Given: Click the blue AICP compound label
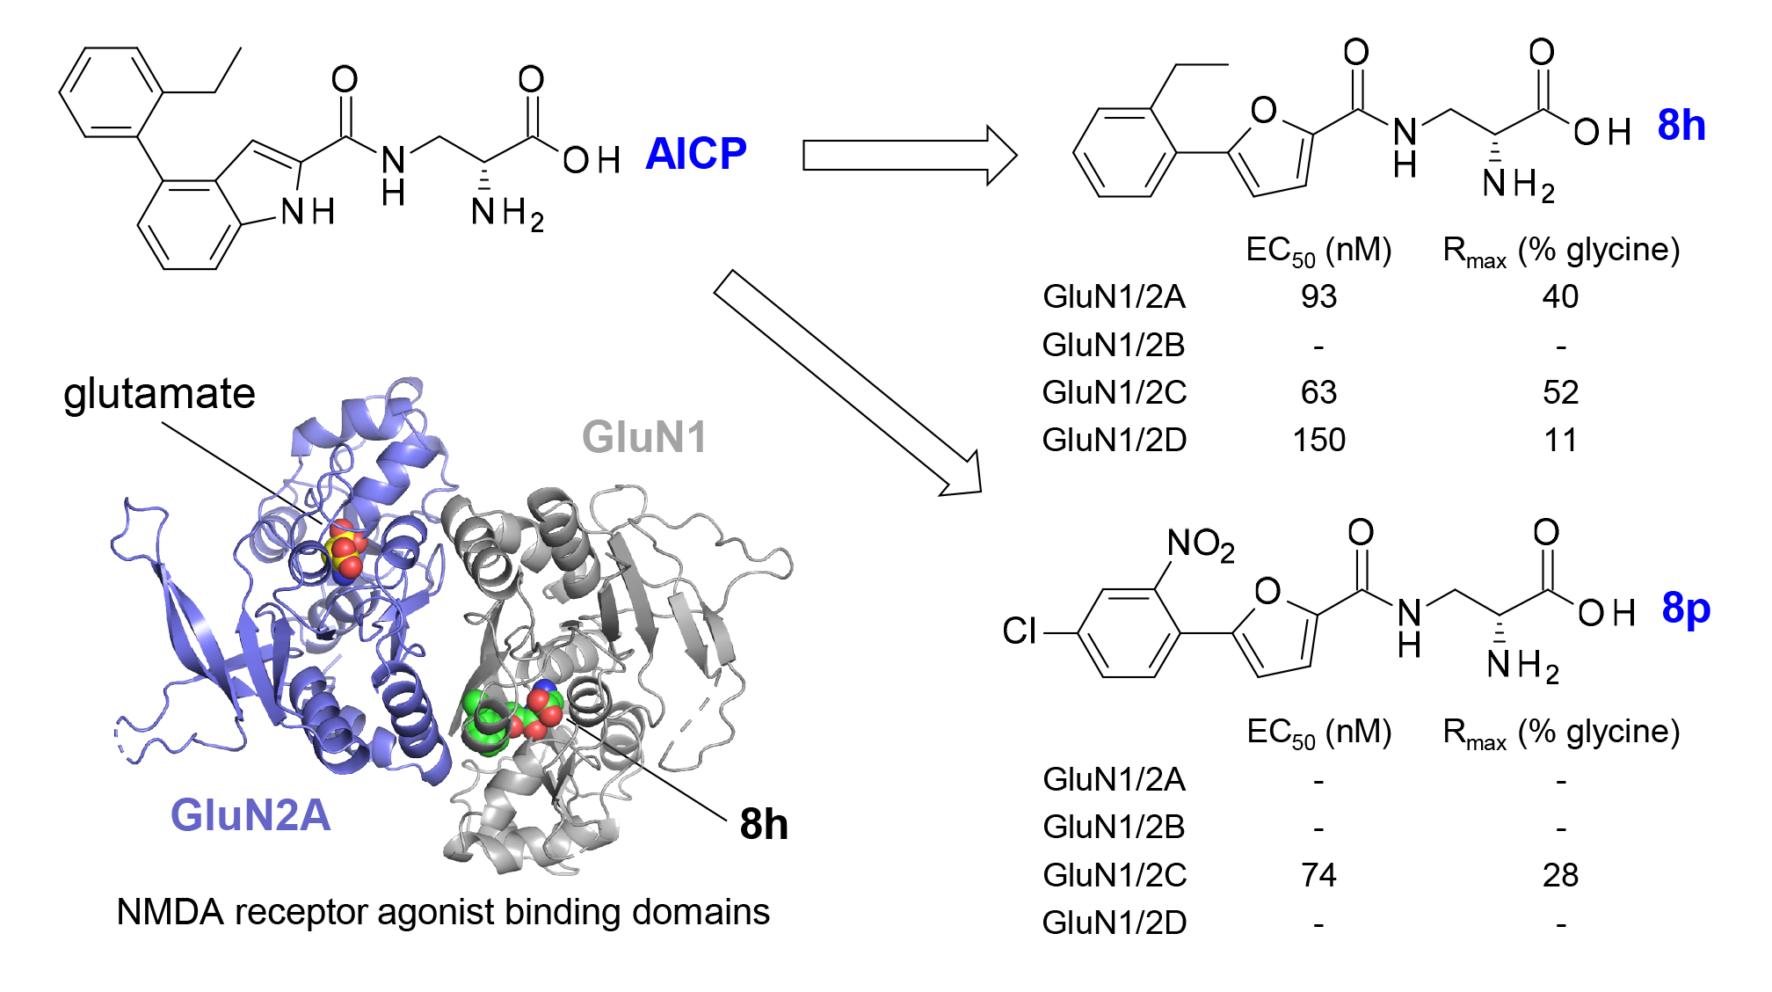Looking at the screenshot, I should pos(695,154).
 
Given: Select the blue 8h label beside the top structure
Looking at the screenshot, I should pos(1681,125).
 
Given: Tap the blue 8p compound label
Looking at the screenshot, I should pos(1685,608).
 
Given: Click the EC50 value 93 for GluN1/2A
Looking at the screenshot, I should pos(1318,296).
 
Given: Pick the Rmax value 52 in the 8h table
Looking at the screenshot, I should pos(1560,392).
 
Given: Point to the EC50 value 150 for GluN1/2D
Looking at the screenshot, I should pos(1318,440).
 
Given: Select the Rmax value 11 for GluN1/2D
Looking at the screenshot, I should pos(1560,440).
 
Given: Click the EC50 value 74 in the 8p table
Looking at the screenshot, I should pos(1318,875).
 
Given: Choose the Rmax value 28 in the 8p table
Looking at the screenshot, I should pos(1560,875).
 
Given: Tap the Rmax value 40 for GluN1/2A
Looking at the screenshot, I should pos(1560,296).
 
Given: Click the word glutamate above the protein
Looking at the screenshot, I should pos(159,394).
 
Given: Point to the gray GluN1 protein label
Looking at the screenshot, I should pos(644,437).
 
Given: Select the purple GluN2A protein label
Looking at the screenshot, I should pos(251,814).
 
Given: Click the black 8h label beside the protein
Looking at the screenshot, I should pos(763,824).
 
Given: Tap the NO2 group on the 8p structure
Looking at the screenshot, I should pos(1200,544).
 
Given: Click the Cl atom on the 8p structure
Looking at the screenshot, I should pos(1020,631).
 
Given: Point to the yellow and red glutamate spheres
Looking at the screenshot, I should pos(344,551).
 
